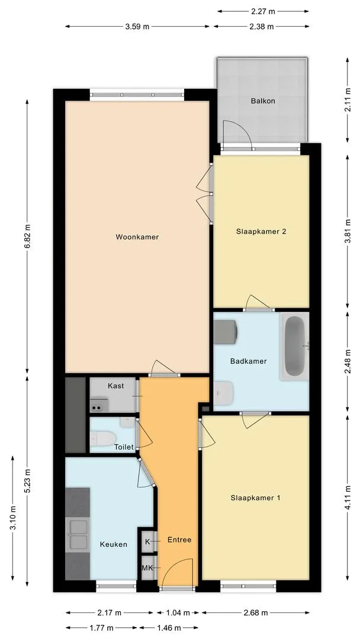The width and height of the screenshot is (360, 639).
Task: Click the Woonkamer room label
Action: pyautogui.click(x=137, y=237)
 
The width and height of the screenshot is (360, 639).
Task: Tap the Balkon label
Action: pyautogui.click(x=262, y=101)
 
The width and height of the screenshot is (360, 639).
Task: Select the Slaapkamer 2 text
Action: pyautogui.click(x=261, y=231)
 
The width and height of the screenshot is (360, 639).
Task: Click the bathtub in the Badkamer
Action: pyautogui.click(x=294, y=346)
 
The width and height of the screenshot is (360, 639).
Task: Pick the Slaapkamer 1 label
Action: pyautogui.click(x=255, y=498)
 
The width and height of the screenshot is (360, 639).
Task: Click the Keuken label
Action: pyautogui.click(x=114, y=544)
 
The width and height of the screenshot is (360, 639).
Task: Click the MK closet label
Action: pyautogui.click(x=147, y=567)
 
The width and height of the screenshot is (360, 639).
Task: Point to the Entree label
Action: pyautogui.click(x=179, y=540)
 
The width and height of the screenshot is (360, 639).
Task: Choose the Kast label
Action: pyautogui.click(x=116, y=386)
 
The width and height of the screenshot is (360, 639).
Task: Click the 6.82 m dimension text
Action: pyautogui.click(x=27, y=236)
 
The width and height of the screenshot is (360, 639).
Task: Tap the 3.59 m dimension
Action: pyautogui.click(x=137, y=27)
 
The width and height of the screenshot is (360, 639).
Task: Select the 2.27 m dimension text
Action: pyautogui.click(x=263, y=11)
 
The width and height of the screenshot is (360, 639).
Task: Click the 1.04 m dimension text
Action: pyautogui.click(x=178, y=612)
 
